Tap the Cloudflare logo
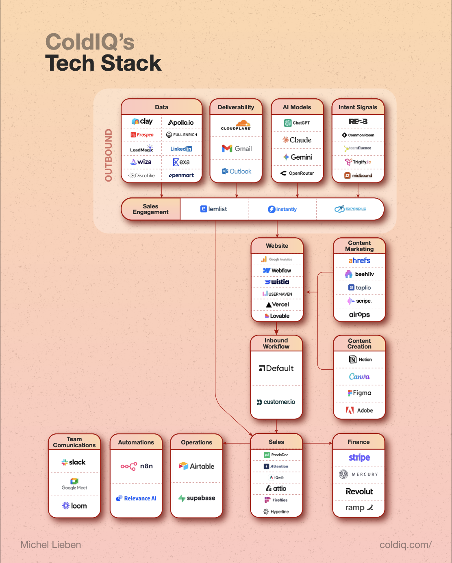[236, 125]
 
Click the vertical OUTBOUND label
[109, 155]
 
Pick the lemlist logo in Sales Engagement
[214, 209]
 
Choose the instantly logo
[282, 209]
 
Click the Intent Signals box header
[358, 107]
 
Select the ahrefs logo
[359, 260]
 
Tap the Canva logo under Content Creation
[359, 377]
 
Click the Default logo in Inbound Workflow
[276, 368]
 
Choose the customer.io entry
[276, 402]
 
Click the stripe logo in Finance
[359, 457]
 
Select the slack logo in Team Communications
[74, 462]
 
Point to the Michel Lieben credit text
[51, 545]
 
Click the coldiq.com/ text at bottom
[405, 545]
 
